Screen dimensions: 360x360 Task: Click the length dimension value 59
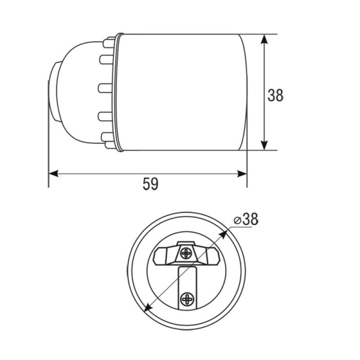151,184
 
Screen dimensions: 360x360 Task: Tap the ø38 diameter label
246,219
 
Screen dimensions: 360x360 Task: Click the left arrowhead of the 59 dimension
53,174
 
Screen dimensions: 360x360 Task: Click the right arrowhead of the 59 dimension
242,174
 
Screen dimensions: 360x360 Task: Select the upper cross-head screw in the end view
186,253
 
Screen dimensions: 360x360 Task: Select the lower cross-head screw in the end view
187,299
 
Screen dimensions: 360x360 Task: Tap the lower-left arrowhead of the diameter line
147,307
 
